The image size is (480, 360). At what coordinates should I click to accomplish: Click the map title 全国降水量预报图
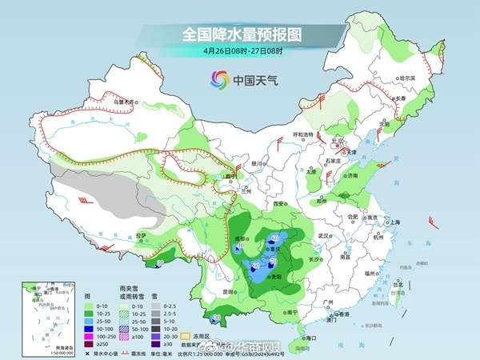(x=240, y=34)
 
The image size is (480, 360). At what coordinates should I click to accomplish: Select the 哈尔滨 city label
(x=407, y=78)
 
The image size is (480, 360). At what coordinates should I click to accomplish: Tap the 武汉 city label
(x=323, y=236)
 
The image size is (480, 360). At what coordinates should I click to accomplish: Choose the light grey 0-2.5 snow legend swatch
(x=154, y=306)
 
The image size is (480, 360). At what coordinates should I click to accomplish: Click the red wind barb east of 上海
(x=433, y=220)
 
